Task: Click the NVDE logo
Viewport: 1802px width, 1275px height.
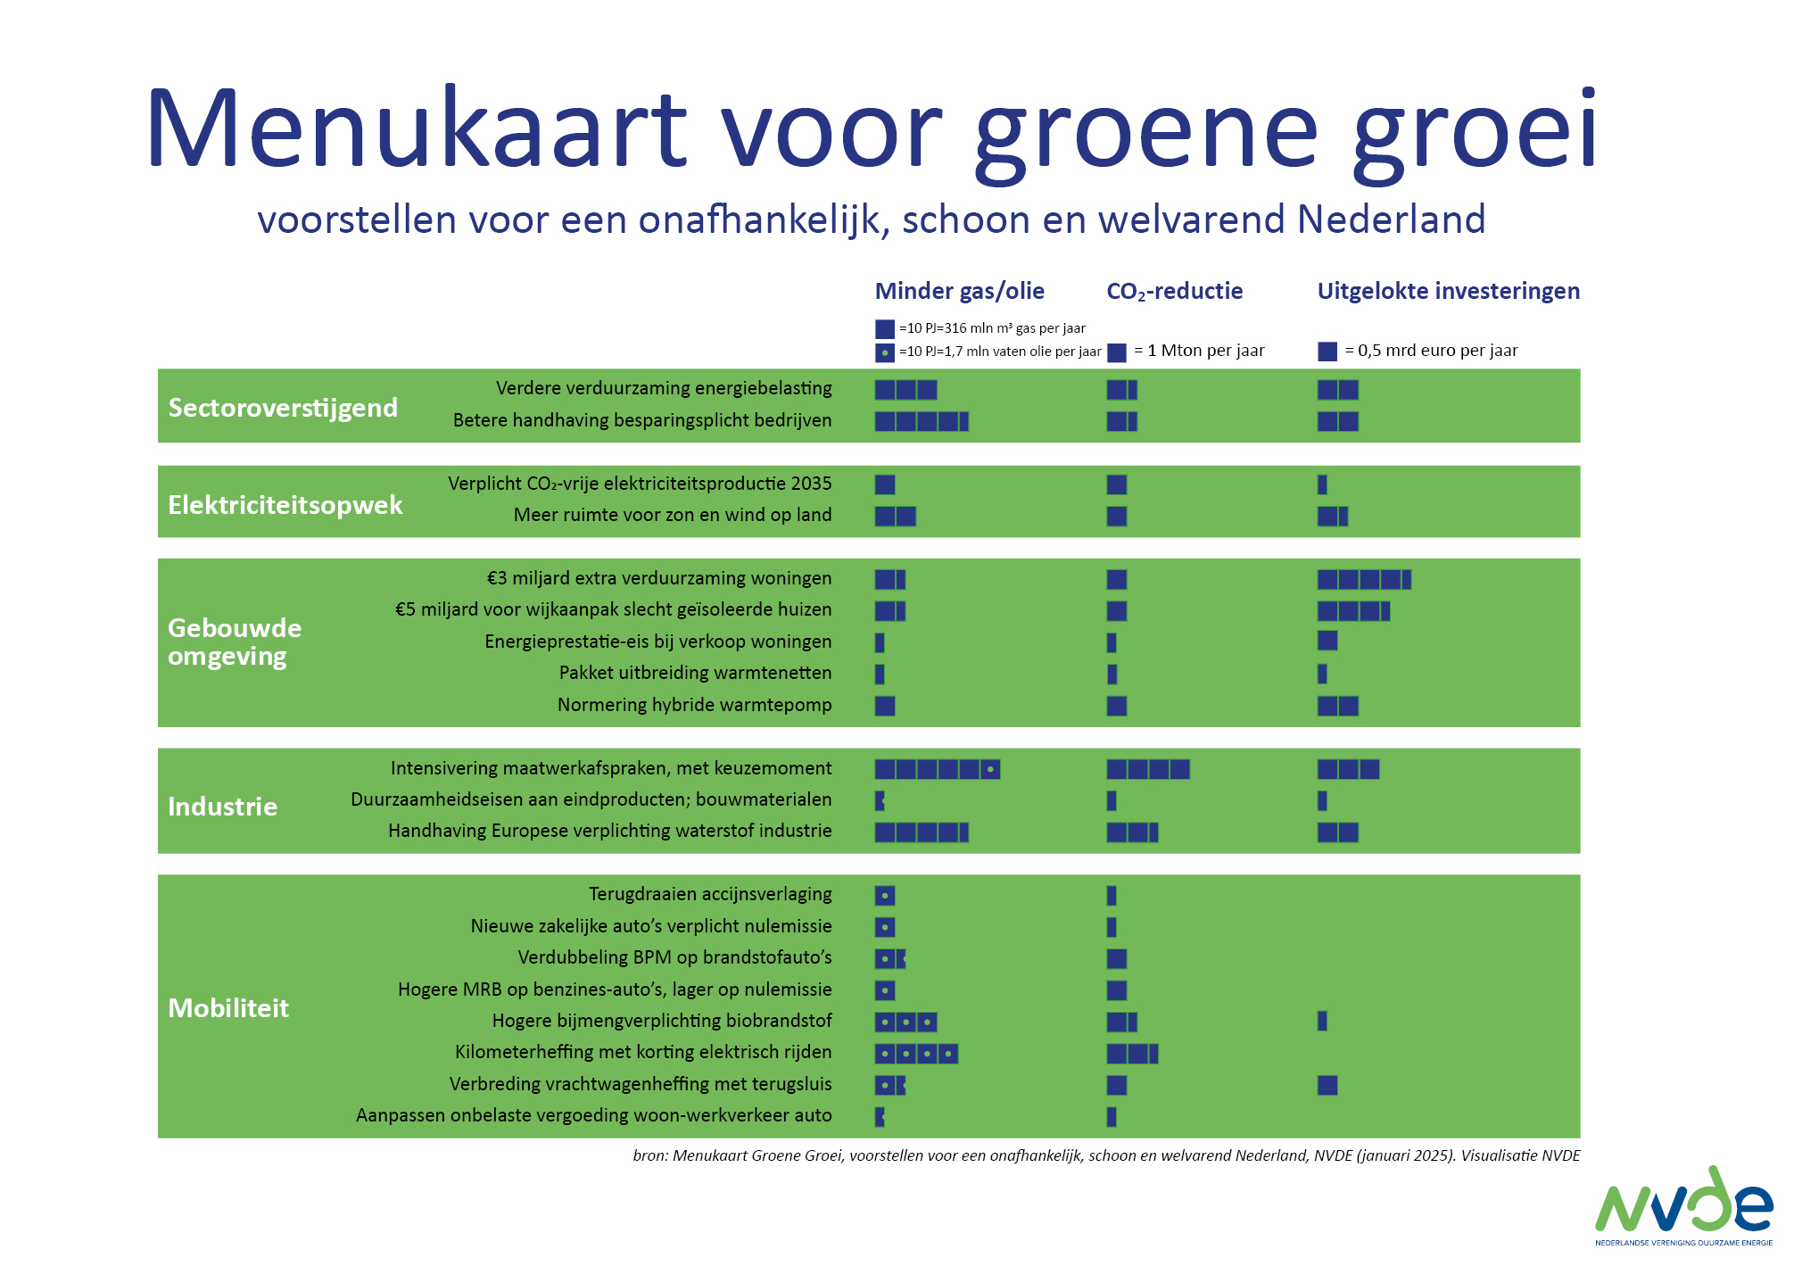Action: [1683, 1205]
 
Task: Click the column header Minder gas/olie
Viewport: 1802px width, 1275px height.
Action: [959, 291]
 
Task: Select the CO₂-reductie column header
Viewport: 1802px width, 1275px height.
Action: [1174, 291]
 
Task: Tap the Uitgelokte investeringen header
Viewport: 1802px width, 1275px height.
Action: [1448, 291]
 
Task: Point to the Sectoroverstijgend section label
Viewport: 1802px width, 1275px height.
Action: [283, 408]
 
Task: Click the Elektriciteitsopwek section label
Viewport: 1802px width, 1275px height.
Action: [285, 505]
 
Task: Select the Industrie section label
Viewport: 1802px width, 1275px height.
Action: [222, 807]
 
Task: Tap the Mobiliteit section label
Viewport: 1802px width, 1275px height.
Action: [228, 1008]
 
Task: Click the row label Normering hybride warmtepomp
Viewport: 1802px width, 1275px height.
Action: [694, 705]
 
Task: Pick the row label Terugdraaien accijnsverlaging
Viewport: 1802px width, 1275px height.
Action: [710, 894]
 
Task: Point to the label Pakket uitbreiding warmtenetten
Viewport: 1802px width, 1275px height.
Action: [695, 673]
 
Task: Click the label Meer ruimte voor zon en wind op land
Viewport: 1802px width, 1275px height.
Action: [673, 515]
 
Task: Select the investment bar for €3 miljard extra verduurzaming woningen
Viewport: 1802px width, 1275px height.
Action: [1364, 580]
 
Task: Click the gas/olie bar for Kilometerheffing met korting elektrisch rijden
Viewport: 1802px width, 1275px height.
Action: [916, 1054]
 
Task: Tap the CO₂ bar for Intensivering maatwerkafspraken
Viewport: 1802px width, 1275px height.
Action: [1148, 769]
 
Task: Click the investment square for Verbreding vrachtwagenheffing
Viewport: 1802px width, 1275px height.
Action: [1327, 1085]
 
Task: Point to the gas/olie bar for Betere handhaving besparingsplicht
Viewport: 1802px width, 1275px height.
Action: [922, 421]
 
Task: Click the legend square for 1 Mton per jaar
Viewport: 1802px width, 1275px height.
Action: [1117, 352]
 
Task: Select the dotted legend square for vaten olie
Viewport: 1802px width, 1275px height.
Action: [884, 352]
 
